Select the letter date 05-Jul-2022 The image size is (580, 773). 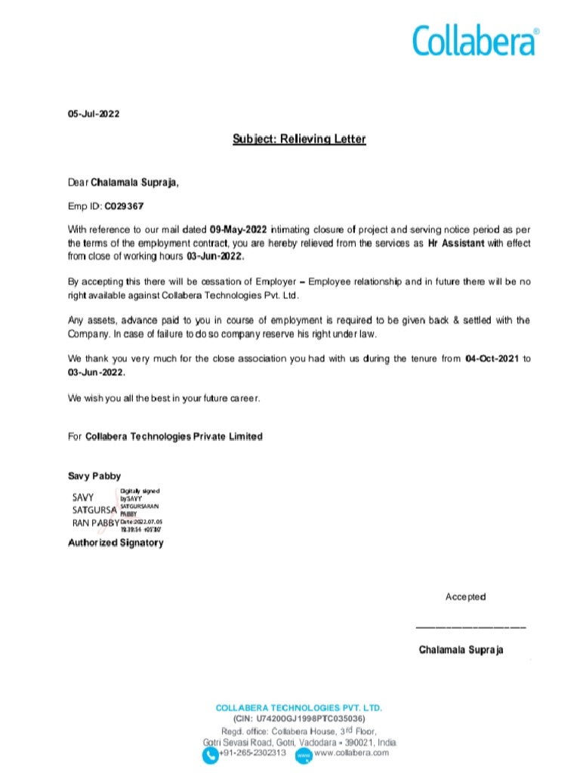[x=94, y=114]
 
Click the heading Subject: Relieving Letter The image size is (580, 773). [x=298, y=139]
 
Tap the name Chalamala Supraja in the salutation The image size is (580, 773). [x=135, y=182]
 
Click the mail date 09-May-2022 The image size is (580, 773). [x=239, y=229]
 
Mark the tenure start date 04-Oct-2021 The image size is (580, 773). [x=492, y=359]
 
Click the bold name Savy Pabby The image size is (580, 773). [x=94, y=476]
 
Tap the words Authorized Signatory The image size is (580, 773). [x=116, y=543]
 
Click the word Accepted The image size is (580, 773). [x=465, y=597]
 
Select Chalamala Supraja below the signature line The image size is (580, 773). [x=461, y=650]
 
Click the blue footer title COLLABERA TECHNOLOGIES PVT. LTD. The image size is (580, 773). [x=299, y=708]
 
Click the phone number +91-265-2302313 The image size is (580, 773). [x=252, y=753]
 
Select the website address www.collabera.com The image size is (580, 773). [x=351, y=753]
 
